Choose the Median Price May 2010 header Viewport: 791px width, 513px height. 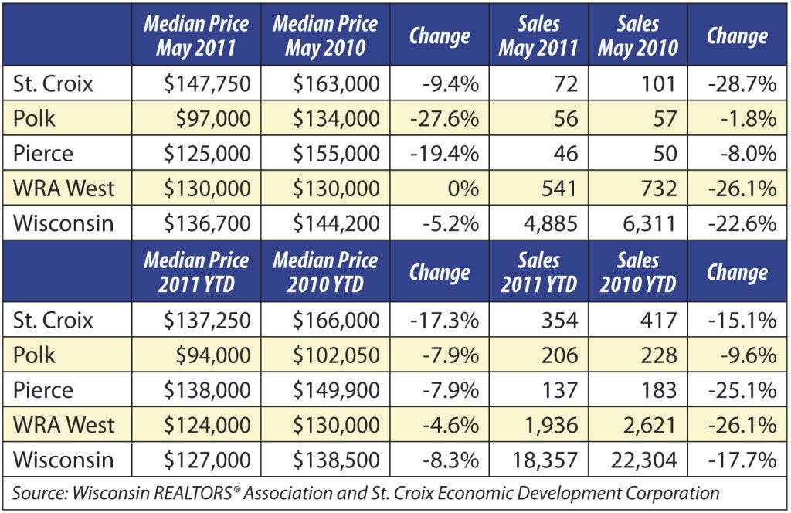click(x=325, y=36)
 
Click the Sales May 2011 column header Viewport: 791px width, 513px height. click(x=538, y=36)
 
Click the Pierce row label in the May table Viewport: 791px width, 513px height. click(x=43, y=153)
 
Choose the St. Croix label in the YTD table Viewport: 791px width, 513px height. click(x=53, y=321)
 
